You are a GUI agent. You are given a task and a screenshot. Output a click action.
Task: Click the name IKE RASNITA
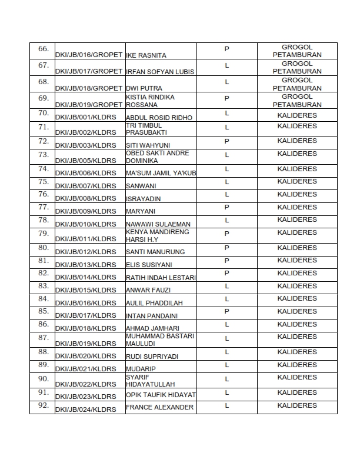146,55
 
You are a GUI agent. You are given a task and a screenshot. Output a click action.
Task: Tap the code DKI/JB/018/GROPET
89,88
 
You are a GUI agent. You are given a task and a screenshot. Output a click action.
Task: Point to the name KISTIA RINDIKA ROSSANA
150,101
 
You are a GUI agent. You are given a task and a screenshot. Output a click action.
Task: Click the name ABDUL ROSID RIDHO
159,118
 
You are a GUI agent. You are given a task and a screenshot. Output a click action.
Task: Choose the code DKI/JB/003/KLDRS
85,145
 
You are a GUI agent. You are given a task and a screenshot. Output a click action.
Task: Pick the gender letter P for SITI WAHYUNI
226,141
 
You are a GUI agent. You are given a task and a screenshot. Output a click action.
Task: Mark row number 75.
43,182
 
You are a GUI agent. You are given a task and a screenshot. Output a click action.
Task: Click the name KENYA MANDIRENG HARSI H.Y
149,235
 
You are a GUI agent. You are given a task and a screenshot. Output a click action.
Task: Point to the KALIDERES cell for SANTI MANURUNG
296,248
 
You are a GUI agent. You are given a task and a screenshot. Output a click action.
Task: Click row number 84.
43,299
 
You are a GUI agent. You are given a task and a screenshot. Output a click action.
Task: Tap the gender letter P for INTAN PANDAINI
226,311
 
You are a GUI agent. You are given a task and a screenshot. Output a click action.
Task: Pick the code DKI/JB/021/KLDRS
85,369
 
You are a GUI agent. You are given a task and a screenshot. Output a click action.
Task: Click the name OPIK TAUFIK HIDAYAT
161,395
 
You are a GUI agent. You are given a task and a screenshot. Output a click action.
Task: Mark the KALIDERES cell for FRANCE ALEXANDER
296,405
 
